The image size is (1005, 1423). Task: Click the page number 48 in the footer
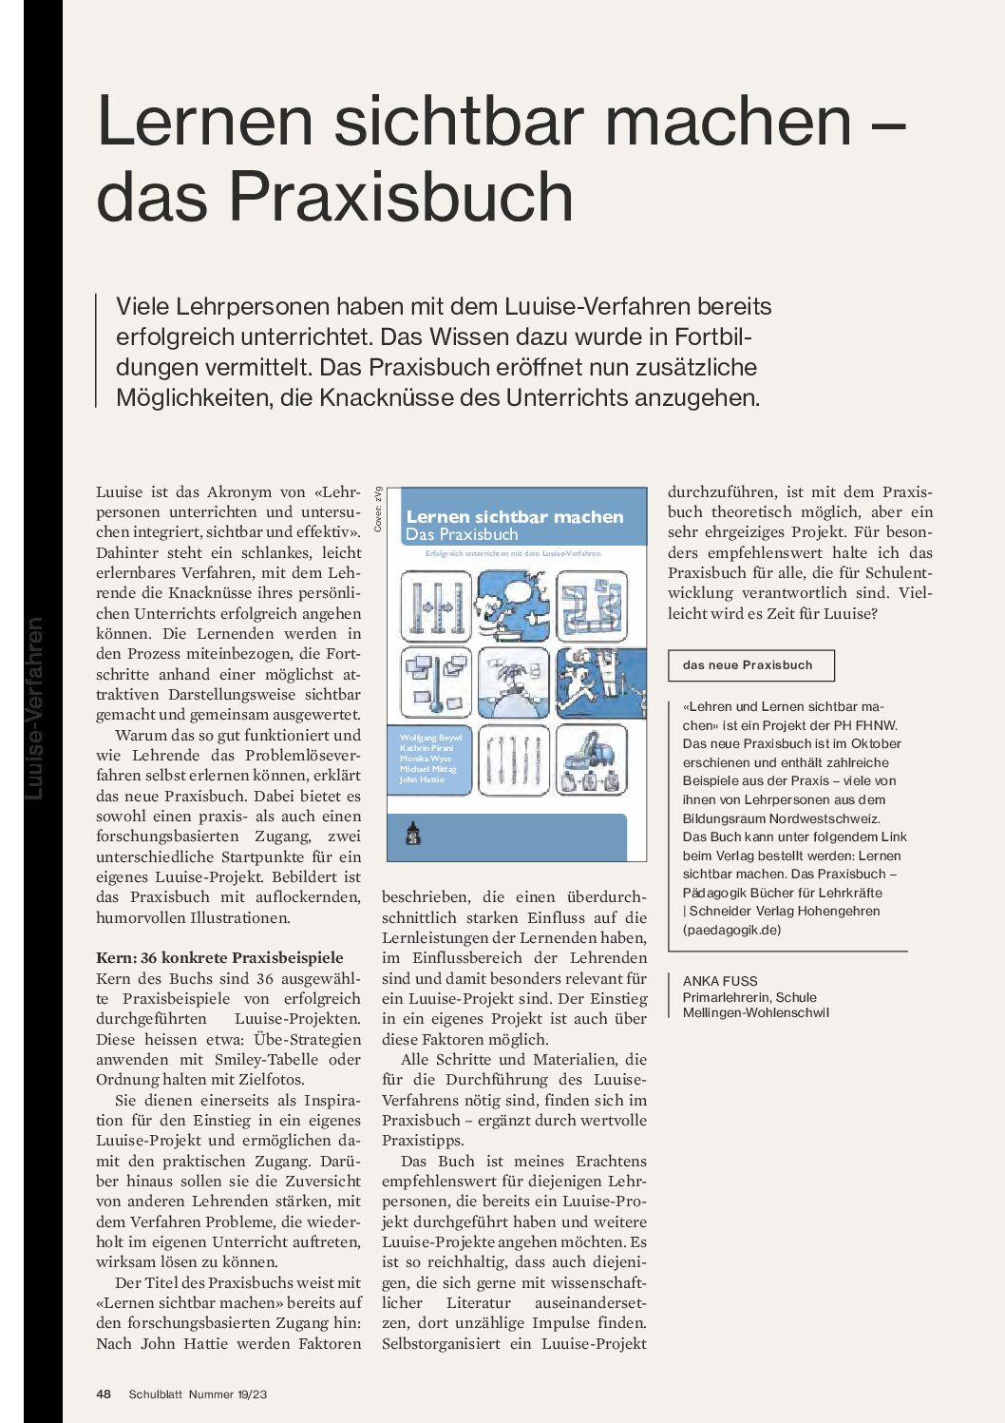click(x=104, y=1394)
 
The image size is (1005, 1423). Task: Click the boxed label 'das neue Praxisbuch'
click(x=748, y=665)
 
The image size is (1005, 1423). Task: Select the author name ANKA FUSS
click(x=720, y=981)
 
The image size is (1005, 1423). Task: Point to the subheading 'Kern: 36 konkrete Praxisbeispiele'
click(x=219, y=957)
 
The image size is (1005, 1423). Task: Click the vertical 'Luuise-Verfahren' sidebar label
click(x=35, y=708)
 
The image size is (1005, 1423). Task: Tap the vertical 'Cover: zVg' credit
click(x=378, y=509)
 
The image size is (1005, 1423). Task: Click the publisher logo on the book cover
click(x=413, y=834)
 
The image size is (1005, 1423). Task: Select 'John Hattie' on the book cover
click(x=422, y=779)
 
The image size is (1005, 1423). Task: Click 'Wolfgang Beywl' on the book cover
click(x=430, y=738)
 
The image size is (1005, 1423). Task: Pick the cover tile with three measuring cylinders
click(x=436, y=606)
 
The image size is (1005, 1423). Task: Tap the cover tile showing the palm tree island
click(x=514, y=683)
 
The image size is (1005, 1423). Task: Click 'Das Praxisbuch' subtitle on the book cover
click(x=462, y=534)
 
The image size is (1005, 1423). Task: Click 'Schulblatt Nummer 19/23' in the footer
click(x=198, y=1394)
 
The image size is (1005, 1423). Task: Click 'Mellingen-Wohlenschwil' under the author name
click(x=755, y=1012)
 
